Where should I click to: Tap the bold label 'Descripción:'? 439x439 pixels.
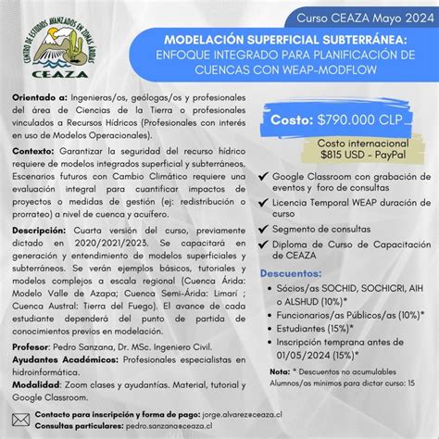[x=40, y=230]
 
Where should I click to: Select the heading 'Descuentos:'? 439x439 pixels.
[x=294, y=274]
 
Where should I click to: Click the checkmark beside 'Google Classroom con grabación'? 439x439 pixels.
[x=265, y=177]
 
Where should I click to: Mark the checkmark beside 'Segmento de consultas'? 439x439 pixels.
[x=265, y=228]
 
